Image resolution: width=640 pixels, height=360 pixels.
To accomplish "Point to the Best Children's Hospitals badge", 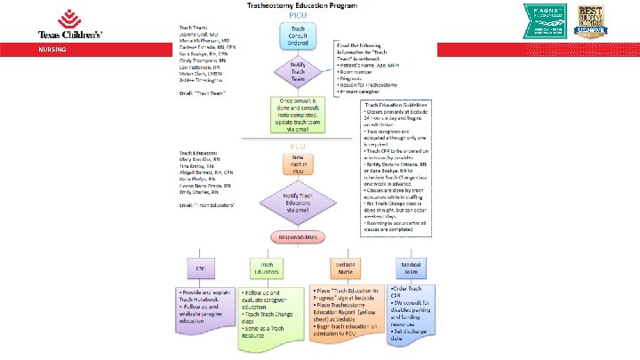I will (595, 20).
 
